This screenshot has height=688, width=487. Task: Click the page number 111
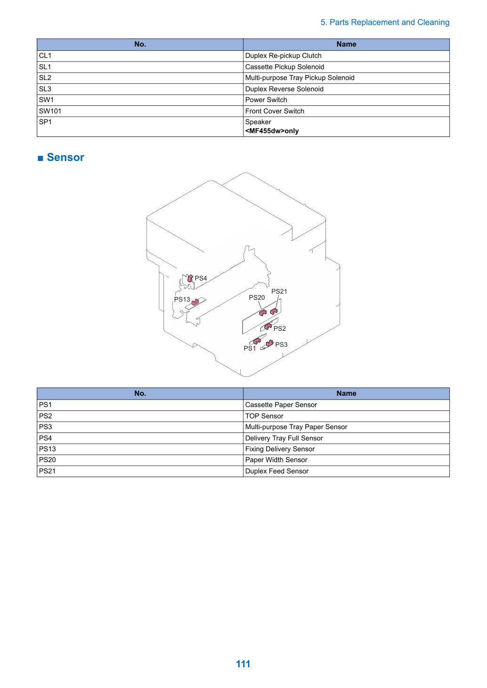coord(243,664)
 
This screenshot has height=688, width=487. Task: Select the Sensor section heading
coord(65,157)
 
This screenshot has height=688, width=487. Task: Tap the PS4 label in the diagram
coord(201,278)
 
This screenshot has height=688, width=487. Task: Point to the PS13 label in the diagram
coord(182,299)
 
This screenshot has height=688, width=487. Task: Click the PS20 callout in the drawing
coord(257,297)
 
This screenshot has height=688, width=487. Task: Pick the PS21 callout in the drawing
coord(279,291)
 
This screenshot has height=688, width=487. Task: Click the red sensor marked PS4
coord(190,278)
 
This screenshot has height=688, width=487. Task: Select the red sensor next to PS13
coord(195,302)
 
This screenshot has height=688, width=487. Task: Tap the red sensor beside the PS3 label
coord(269,343)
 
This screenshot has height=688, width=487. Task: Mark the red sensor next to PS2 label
coord(268,326)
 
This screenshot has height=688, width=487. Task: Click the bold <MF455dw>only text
coord(272,131)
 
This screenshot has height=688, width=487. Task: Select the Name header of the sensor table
coord(346,393)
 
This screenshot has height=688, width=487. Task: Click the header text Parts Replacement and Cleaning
coord(389,22)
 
